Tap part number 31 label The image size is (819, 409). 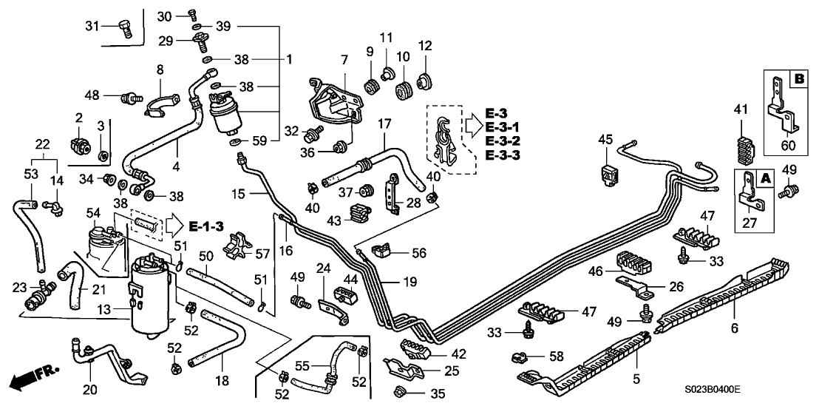[92, 27]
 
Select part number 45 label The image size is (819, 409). [605, 139]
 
